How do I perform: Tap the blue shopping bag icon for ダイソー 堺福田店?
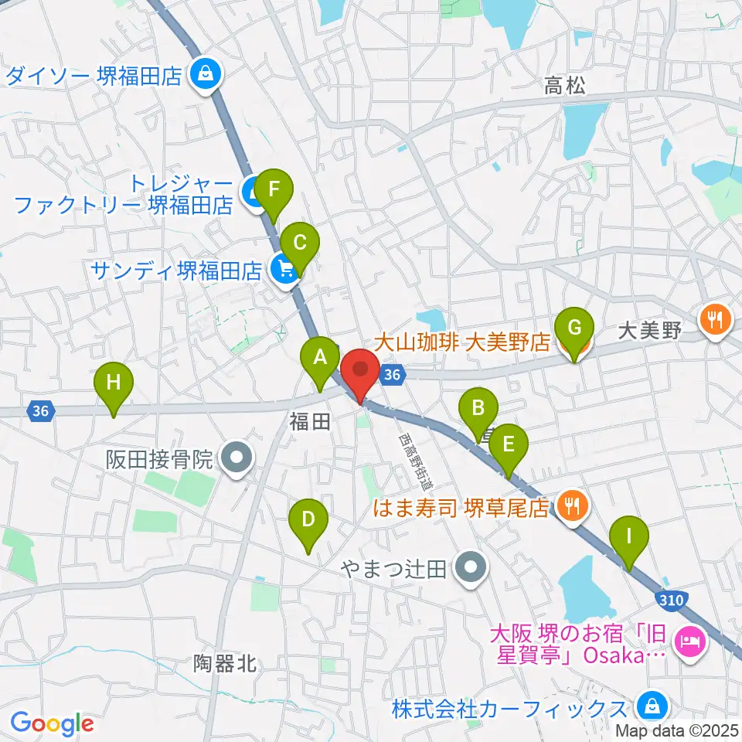pos(206,76)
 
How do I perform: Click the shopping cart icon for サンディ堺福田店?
pos(284,271)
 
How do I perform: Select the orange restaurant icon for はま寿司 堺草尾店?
pos(572,506)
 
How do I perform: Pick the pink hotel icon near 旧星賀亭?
pos(686,641)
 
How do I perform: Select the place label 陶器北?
pos(225,663)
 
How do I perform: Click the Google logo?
pos(52,723)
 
